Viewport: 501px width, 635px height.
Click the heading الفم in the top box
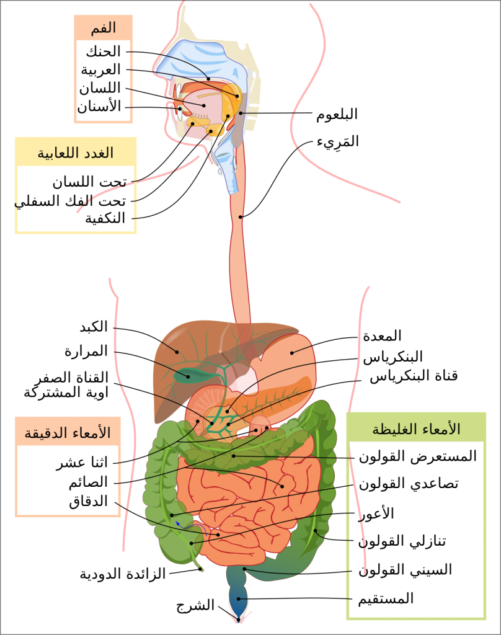(x=103, y=28)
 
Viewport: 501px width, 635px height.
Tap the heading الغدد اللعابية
(x=76, y=153)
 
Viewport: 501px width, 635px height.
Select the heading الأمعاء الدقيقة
(x=68, y=432)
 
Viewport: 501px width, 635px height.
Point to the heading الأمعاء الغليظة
(x=416, y=429)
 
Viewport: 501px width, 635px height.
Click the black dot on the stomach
(x=291, y=353)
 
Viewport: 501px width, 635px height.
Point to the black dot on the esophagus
(x=241, y=216)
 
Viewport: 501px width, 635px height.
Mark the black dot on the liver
(x=177, y=352)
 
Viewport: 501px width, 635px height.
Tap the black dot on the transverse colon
(x=234, y=456)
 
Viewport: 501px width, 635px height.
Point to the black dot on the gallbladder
(x=188, y=376)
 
